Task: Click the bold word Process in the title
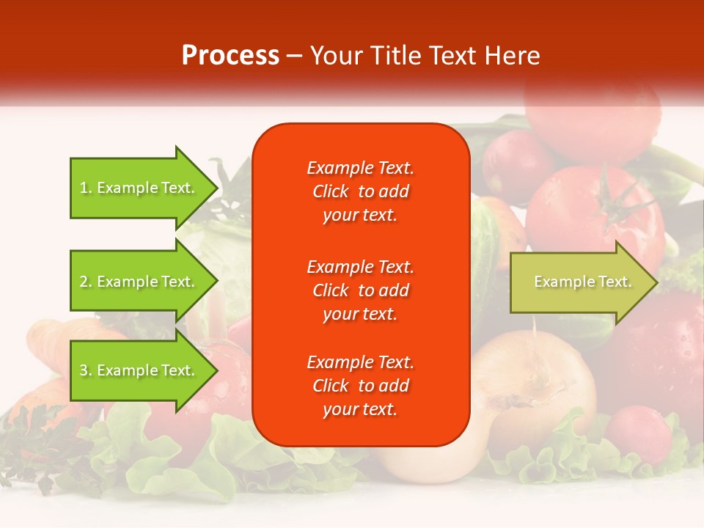(x=230, y=56)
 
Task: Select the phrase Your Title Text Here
(x=425, y=56)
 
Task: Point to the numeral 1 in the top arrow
(x=84, y=188)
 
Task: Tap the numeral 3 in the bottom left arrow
(x=84, y=371)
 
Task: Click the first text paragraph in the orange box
(x=360, y=191)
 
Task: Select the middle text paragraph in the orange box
(x=360, y=290)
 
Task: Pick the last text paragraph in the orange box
(x=360, y=386)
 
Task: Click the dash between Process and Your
(x=294, y=56)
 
